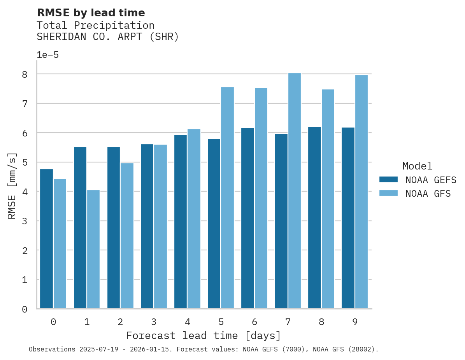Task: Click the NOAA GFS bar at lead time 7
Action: [295, 191]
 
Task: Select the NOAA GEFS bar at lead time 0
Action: [47, 239]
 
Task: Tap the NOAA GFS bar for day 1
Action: [93, 249]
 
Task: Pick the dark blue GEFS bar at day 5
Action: [214, 224]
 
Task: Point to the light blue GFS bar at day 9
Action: [361, 192]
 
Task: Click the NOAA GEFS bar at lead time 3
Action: [147, 226]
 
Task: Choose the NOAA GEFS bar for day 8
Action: [314, 218]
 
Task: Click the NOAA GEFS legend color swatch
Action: [388, 179]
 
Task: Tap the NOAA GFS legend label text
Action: [428, 194]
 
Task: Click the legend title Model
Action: [417, 166]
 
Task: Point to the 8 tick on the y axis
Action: [25, 74]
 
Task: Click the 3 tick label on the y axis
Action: [25, 221]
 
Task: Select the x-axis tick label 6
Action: [254, 322]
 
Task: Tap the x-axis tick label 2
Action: [120, 322]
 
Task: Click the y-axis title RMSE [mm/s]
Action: [12, 185]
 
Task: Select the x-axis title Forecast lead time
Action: [203, 336]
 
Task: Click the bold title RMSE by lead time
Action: [91, 13]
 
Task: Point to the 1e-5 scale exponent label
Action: [47, 55]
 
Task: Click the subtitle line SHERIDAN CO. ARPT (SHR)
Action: [108, 37]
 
